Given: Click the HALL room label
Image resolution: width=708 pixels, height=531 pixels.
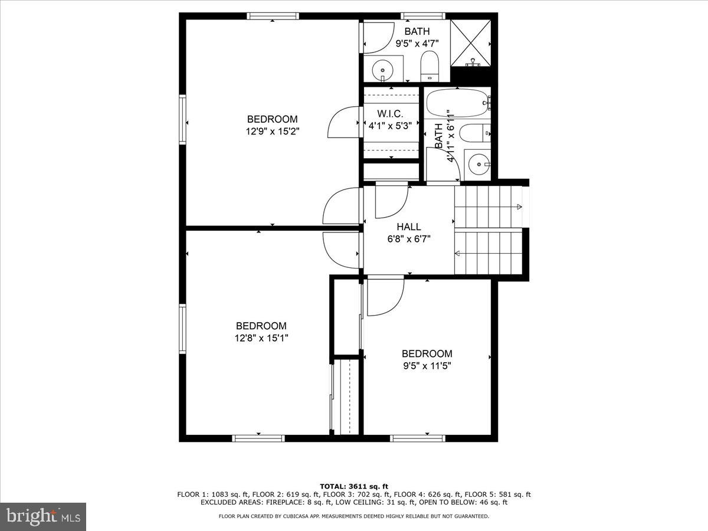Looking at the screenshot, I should (x=409, y=227).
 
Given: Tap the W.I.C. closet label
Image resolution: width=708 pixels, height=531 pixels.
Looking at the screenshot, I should (x=390, y=113).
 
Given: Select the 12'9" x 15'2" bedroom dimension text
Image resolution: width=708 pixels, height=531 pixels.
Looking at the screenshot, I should (x=272, y=132).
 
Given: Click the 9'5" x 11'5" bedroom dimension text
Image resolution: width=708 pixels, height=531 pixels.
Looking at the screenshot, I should (x=427, y=366).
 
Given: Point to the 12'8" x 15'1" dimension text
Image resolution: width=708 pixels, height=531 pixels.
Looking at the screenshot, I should (x=261, y=338).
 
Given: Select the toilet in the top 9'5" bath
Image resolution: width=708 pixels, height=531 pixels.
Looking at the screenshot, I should (x=430, y=65).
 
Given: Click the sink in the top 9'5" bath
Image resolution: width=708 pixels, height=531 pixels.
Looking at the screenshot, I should (x=382, y=69).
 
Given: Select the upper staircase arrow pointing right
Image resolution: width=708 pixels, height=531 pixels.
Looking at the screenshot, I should (x=519, y=206).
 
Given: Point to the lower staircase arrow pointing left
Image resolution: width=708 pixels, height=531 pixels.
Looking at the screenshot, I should (x=457, y=253).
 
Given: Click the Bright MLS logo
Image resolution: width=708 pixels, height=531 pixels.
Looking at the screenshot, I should (x=43, y=516).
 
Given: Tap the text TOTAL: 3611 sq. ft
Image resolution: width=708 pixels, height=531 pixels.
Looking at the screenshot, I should (x=354, y=486).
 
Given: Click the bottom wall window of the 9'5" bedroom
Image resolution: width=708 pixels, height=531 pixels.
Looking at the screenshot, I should (x=417, y=438).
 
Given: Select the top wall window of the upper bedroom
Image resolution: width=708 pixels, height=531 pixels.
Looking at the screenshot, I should (x=273, y=16).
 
